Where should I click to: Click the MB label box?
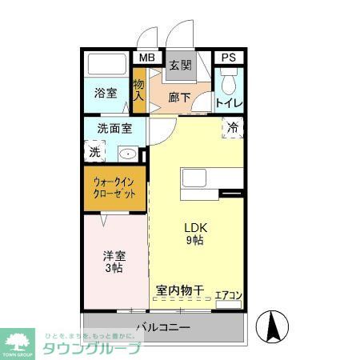click(x=146, y=58)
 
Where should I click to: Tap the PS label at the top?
click(x=229, y=58)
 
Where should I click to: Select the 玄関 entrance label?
click(x=180, y=66)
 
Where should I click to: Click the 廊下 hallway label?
click(x=180, y=98)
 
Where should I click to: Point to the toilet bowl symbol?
click(x=229, y=82)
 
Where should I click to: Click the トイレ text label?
click(x=229, y=103)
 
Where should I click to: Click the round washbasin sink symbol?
click(x=127, y=153)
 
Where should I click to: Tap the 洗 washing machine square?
click(x=94, y=151)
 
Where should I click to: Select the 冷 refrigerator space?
click(x=233, y=126)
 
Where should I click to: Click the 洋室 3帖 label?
click(x=113, y=262)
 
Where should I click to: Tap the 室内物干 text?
click(x=180, y=290)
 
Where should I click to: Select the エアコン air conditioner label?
click(x=229, y=296)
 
